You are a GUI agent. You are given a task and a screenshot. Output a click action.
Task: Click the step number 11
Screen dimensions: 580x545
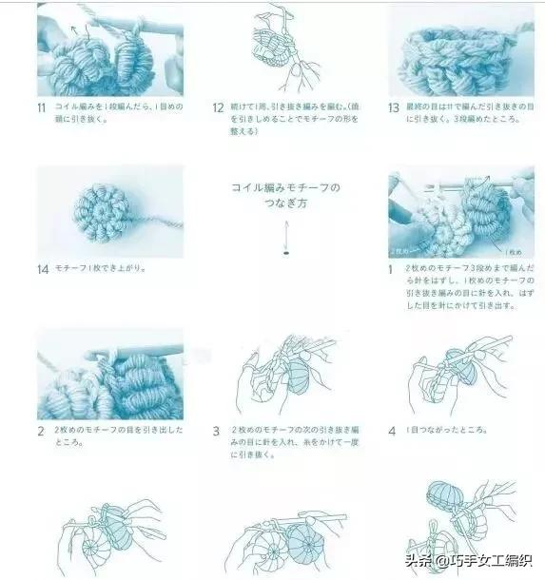(41, 106)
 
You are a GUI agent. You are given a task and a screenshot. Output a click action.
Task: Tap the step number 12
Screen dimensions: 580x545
(218, 107)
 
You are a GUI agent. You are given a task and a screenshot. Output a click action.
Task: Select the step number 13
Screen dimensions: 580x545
(393, 107)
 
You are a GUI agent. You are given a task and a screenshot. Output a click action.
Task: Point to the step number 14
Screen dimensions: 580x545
(42, 269)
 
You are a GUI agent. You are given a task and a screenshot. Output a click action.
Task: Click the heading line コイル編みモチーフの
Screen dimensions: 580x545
(285, 187)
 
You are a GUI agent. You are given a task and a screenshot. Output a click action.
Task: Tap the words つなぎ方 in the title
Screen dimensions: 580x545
(285, 203)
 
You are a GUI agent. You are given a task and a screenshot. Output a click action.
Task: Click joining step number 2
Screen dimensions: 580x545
(41, 431)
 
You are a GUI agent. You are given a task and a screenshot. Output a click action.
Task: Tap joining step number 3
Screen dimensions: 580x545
(217, 431)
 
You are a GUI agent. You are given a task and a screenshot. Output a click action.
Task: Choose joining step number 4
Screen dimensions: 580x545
(392, 431)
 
